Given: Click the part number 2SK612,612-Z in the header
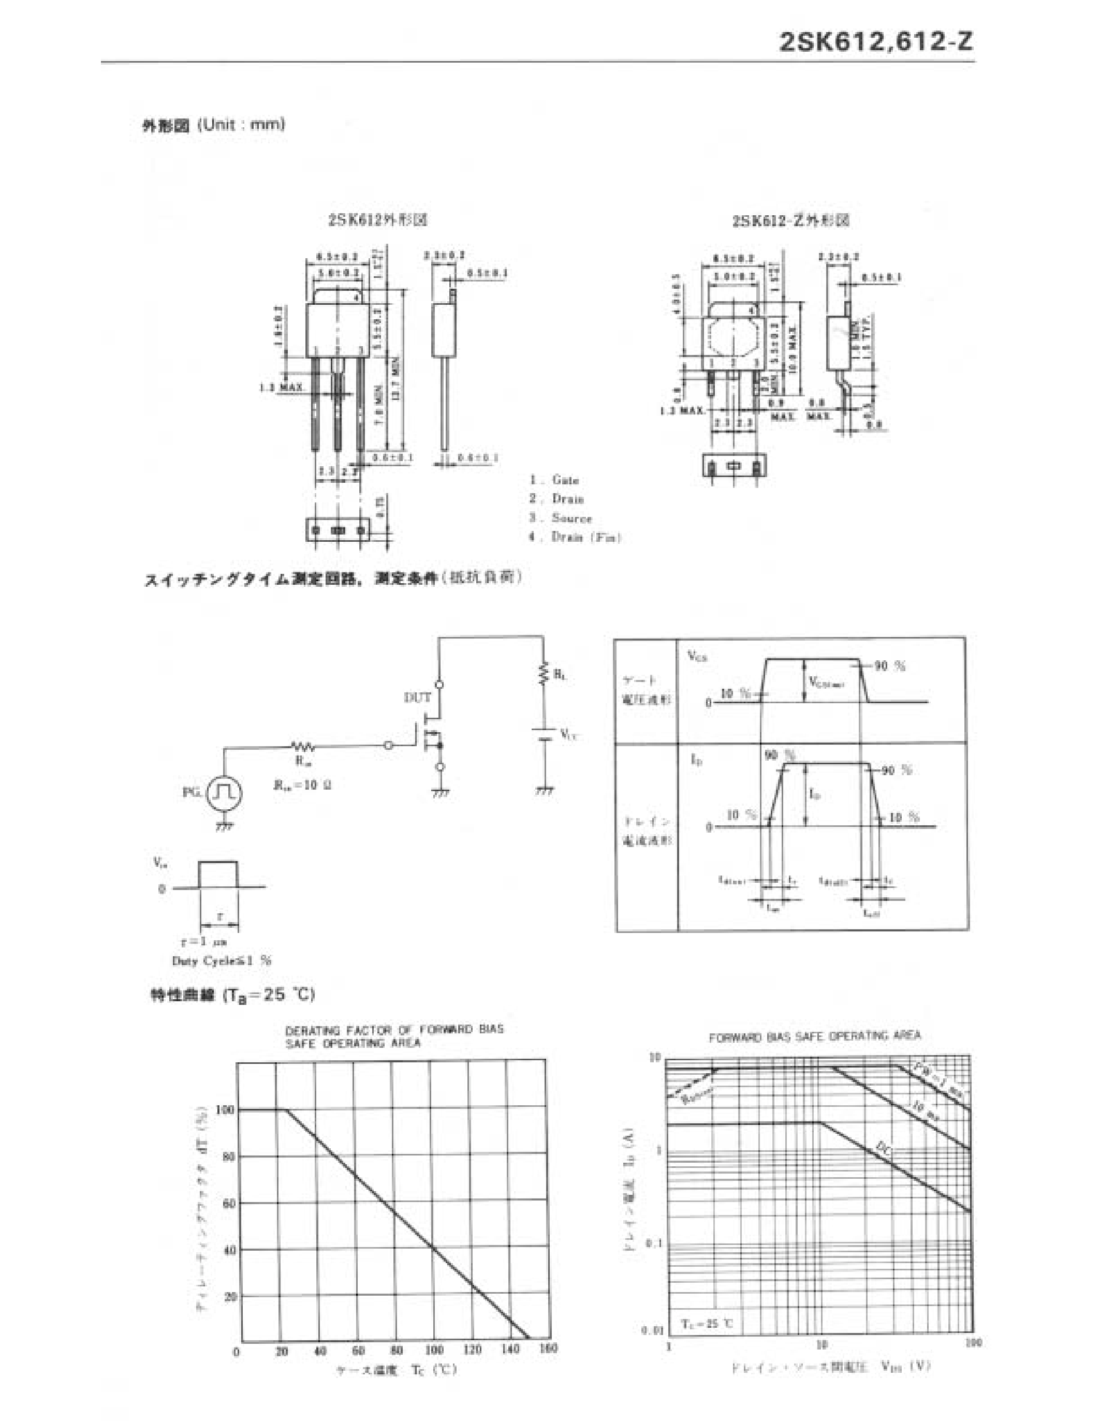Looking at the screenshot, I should [876, 42].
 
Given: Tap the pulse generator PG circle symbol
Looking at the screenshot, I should [224, 793].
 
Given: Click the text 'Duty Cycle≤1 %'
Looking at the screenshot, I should [222, 960].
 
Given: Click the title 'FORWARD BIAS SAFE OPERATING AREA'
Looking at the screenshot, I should [815, 1036].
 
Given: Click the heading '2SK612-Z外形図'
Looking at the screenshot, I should [790, 221].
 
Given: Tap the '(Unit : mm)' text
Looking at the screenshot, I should [241, 124].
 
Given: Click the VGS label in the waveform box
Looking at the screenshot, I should [697, 656].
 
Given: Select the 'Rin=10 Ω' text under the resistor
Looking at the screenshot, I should [302, 784].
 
